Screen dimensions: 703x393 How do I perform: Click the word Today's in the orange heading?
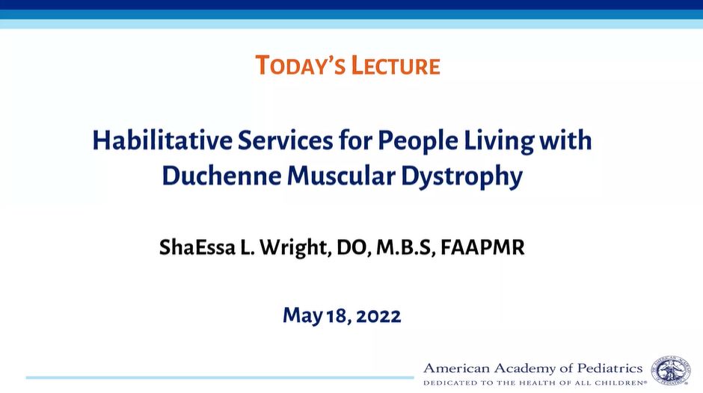tap(300, 65)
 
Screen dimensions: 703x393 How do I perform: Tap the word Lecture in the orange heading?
tap(396, 65)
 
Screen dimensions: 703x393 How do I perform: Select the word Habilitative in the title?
tap(162, 140)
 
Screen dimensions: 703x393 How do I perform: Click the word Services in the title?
tap(286, 140)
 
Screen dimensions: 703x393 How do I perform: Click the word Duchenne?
tap(221, 176)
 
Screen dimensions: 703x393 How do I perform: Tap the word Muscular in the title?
tap(341, 176)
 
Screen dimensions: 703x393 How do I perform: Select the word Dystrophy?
tap(461, 176)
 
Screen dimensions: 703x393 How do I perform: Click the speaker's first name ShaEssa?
tap(197, 247)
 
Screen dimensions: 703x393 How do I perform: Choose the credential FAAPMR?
tap(482, 247)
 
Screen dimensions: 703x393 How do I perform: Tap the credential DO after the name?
tap(354, 247)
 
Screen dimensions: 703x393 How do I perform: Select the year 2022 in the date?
tap(378, 316)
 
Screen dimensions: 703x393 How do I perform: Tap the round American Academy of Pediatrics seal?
tap(671, 370)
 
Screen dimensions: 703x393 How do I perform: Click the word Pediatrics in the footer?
tap(610, 368)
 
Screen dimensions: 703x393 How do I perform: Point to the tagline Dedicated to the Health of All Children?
tap(535, 383)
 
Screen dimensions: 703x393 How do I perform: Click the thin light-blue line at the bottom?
tap(220, 378)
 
